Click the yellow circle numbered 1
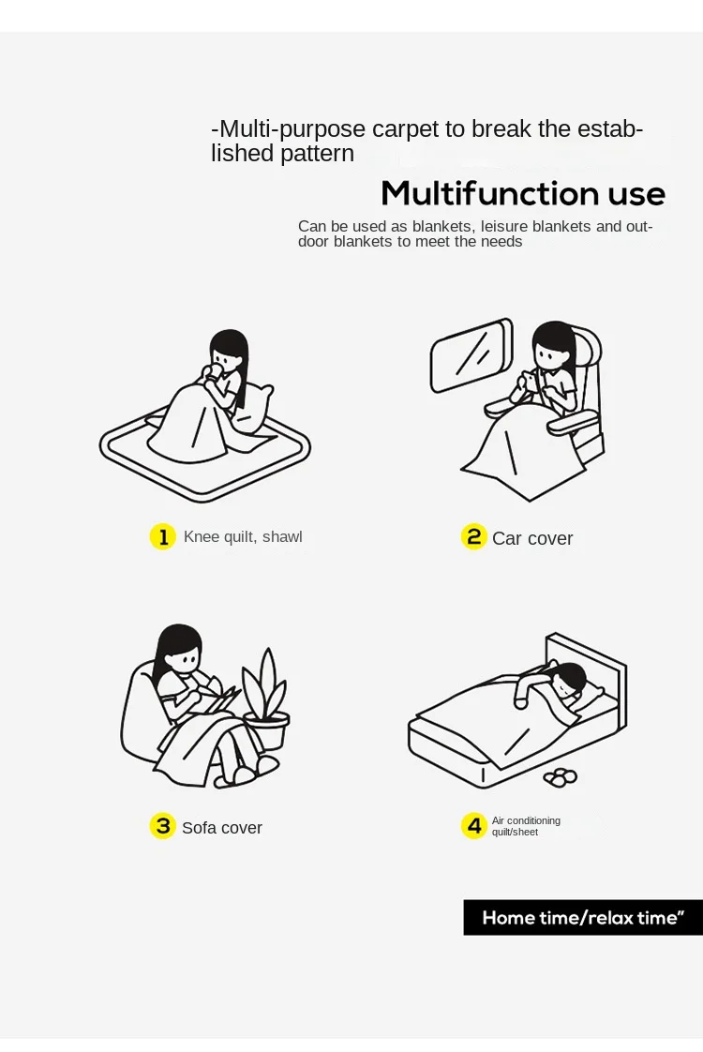pyautogui.click(x=162, y=536)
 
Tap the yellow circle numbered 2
pyautogui.click(x=473, y=536)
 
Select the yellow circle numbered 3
pyautogui.click(x=162, y=826)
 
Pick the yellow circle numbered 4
pyautogui.click(x=473, y=826)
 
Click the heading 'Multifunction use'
pyautogui.click(x=522, y=193)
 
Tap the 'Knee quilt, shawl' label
pyautogui.click(x=243, y=536)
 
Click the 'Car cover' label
pyautogui.click(x=532, y=538)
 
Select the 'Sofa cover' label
pyautogui.click(x=222, y=828)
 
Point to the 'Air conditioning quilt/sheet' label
pyautogui.click(x=526, y=826)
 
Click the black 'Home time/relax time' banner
pyautogui.click(x=583, y=917)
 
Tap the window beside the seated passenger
pyautogui.click(x=471, y=355)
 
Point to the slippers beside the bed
pyautogui.click(x=561, y=776)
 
